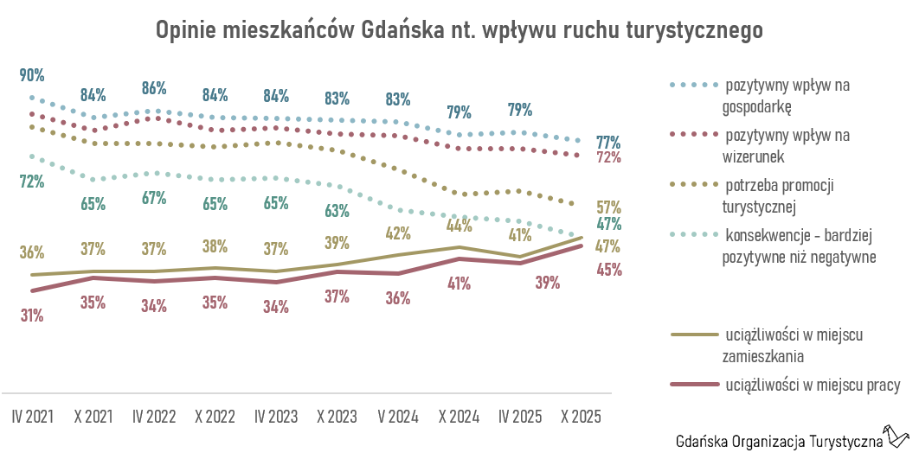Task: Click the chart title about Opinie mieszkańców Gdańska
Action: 459,29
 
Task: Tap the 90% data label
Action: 32,75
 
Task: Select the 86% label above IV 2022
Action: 154,88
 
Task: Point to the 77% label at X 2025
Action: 608,142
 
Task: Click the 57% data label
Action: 608,207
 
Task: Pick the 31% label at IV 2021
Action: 32,316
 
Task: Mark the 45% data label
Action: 608,270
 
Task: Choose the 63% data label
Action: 337,211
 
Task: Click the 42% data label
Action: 397,233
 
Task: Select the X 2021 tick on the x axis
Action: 93,416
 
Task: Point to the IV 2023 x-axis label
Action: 275,416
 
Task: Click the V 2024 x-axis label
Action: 397,416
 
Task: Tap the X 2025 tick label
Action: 581,416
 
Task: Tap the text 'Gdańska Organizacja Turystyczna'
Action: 778,439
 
